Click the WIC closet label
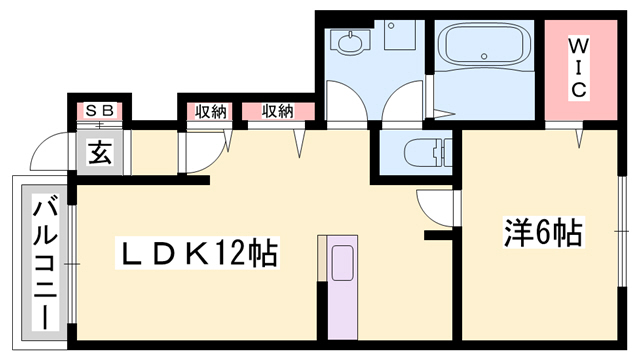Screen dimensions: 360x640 pyautogui.click(x=578, y=67)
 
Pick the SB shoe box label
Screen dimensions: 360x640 pyautogui.click(x=99, y=110)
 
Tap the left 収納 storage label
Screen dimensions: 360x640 pyautogui.click(x=210, y=110)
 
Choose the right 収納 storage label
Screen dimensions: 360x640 pyautogui.click(x=278, y=110)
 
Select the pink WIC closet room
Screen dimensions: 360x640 pyautogui.click(x=578, y=68)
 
